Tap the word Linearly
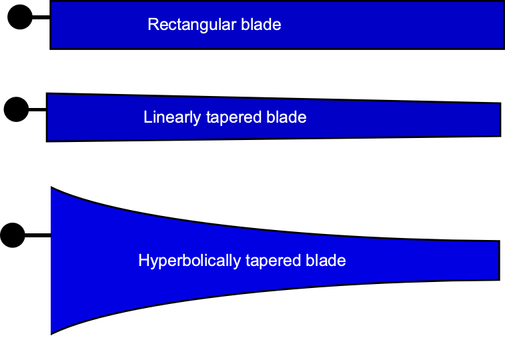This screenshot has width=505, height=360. [x=171, y=117]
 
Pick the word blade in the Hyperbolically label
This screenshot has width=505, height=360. [x=326, y=260]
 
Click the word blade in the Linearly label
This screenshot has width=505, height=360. [x=286, y=117]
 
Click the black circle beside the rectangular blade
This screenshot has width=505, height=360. [x=20, y=18]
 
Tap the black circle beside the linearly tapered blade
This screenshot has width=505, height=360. [x=16, y=109]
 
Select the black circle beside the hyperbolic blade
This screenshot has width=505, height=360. [x=12, y=235]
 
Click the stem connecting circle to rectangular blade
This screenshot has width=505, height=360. [x=41, y=18]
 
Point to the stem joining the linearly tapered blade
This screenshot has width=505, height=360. [x=37, y=109]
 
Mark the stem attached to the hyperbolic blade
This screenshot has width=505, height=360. [x=38, y=235]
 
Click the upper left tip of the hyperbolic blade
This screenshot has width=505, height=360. [x=52, y=189]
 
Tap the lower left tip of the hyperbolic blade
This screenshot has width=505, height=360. [x=52, y=332]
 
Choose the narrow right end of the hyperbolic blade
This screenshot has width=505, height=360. [x=498, y=260]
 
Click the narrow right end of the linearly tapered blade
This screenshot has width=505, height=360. [x=500, y=119]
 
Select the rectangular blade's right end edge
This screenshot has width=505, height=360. [x=502, y=25]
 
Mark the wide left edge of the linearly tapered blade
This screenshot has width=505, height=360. [x=47, y=117]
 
